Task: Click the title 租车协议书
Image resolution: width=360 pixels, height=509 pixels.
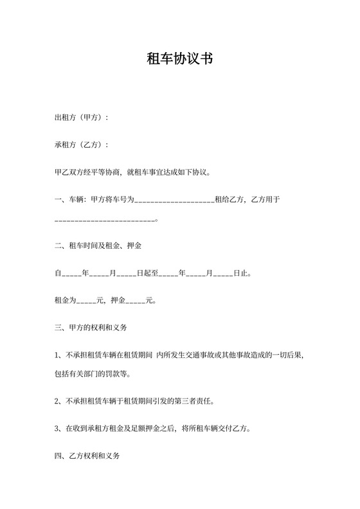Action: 180,59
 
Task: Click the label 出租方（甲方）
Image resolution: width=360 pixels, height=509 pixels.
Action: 81,118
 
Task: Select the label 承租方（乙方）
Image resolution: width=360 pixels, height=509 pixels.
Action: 81,145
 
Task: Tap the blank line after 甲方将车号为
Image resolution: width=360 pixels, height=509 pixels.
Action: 174,201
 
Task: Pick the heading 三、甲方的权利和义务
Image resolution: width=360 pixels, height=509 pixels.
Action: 91,327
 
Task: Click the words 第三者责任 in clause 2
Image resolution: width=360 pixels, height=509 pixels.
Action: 195,402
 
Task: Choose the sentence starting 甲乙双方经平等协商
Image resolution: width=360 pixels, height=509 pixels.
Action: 138,173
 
